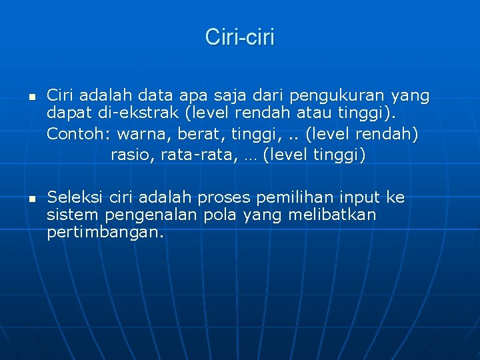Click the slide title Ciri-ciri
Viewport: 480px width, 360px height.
(x=239, y=37)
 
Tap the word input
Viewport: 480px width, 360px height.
(x=361, y=198)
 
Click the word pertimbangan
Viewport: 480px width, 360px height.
(x=105, y=233)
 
